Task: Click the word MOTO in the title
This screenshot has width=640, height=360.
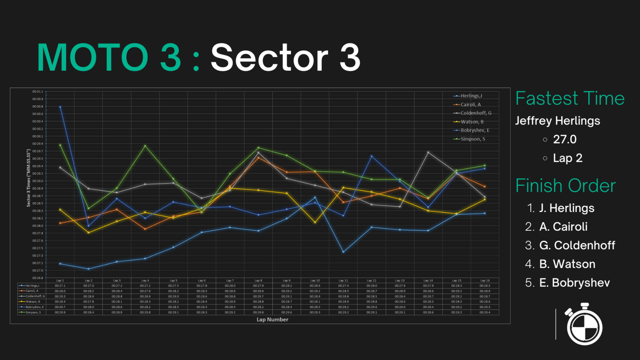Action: [93, 58]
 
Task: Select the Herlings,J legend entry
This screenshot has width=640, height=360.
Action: [471, 96]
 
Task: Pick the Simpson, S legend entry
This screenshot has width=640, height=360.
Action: [472, 139]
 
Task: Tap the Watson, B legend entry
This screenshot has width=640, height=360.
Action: [472, 122]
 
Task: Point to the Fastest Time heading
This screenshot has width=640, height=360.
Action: [570, 98]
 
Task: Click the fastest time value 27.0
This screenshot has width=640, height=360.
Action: [565, 139]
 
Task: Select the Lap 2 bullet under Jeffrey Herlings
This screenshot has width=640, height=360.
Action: [568, 158]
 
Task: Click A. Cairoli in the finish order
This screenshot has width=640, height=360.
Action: [563, 227]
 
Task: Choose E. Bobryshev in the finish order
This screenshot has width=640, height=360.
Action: [574, 283]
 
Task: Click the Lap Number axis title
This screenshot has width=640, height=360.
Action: [272, 320]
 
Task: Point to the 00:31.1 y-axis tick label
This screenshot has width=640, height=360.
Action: [38, 92]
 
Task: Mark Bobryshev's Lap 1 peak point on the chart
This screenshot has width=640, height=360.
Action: [60, 107]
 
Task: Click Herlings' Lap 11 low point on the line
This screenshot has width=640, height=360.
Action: [343, 252]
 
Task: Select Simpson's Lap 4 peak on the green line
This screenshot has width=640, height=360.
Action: [145, 146]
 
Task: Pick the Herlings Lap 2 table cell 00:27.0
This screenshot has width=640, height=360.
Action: [88, 286]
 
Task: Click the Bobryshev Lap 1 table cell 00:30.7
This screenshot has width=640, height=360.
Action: [60, 307]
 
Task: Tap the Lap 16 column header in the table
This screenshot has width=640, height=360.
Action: [485, 281]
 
